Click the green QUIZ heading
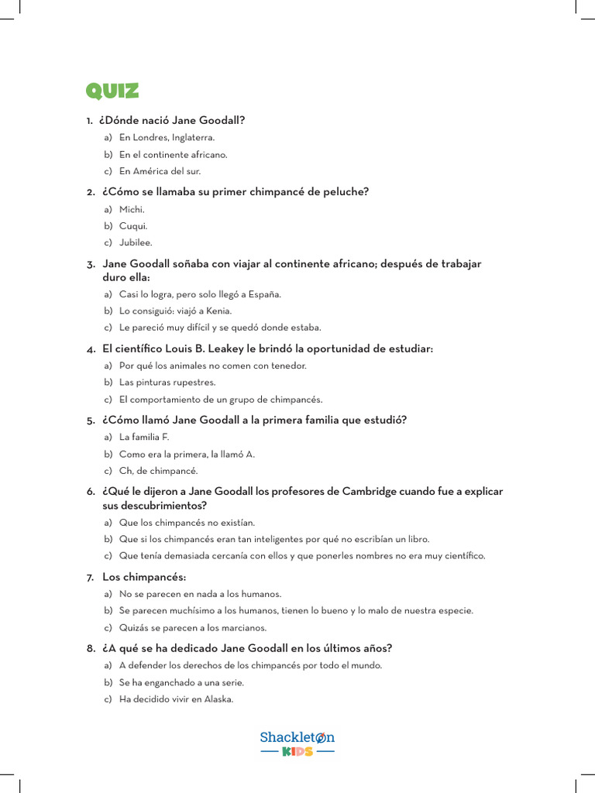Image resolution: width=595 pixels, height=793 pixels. (112, 91)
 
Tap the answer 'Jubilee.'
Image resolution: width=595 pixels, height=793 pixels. (136, 243)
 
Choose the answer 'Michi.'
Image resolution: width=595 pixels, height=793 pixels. (132, 210)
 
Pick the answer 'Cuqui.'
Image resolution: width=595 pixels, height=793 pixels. (133, 226)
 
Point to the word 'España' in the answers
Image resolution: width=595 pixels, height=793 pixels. (264, 294)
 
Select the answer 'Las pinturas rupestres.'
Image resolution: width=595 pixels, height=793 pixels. (167, 383)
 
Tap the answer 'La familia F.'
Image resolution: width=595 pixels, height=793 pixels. (144, 438)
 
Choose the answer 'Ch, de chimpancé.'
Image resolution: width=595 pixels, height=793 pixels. (158, 471)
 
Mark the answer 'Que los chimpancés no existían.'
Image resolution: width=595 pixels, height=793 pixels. (187, 523)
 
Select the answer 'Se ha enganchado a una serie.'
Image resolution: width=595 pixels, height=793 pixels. (181, 682)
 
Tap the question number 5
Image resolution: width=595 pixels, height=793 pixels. (90, 421)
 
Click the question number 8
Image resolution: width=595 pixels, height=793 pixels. (90, 648)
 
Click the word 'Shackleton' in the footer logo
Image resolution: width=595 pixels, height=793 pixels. (297, 737)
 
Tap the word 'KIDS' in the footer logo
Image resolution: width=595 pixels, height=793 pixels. (297, 752)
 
